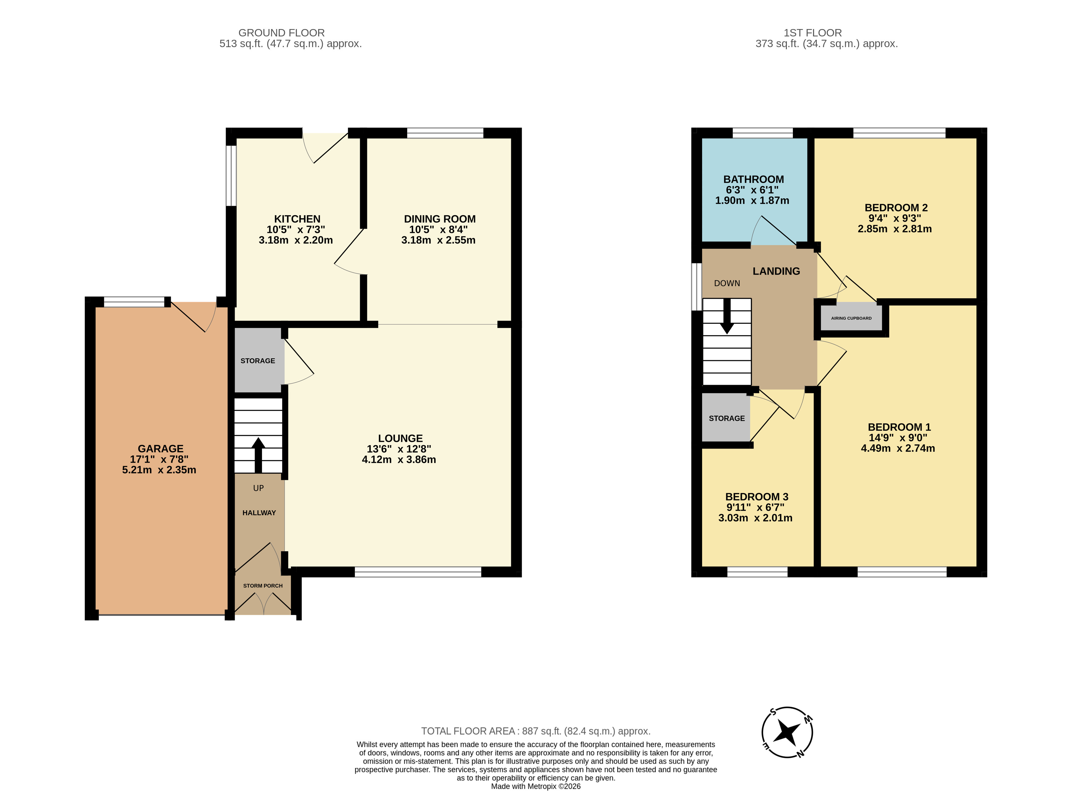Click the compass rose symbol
787,732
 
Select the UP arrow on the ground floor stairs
258,455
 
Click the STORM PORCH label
263,586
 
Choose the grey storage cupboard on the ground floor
258,360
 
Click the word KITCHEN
297,219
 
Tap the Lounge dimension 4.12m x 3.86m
399,460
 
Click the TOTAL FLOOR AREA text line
536,731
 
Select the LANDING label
776,271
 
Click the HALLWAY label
259,513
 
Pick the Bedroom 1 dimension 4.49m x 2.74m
898,449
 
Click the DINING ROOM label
440,219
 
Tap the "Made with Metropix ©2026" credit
536,786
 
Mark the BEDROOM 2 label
896,208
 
